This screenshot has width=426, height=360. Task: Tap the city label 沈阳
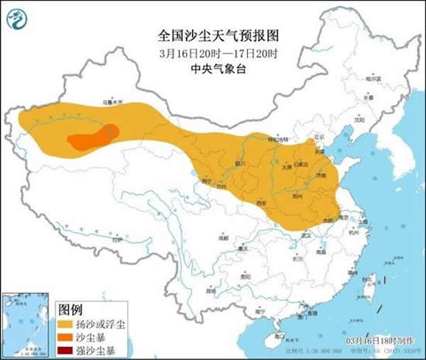click(x=358, y=120)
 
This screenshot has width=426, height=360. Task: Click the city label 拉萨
click(x=116, y=242)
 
